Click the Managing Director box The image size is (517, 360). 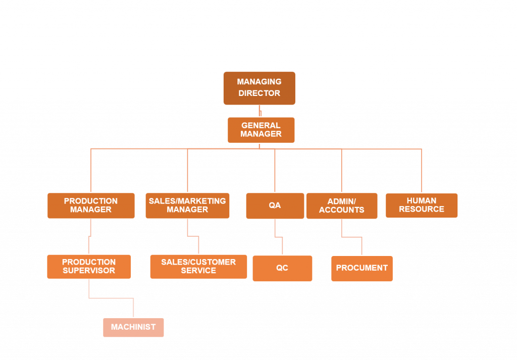pyautogui.click(x=259, y=88)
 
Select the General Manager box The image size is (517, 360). pyautogui.click(x=261, y=130)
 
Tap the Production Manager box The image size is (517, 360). pyautogui.click(x=91, y=205)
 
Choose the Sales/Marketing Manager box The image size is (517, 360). pyautogui.click(x=187, y=205)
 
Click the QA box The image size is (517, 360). pyautogui.click(x=275, y=205)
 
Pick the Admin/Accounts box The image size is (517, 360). pyautogui.click(x=342, y=205)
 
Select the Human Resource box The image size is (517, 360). pyautogui.click(x=422, y=205)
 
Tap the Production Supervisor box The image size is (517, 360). pyautogui.click(x=89, y=267)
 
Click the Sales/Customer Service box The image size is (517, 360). pyautogui.click(x=198, y=267)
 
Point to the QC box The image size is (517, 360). pyautogui.click(x=282, y=268)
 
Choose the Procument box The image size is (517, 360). pyautogui.click(x=362, y=268)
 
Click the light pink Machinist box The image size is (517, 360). pyautogui.click(x=133, y=327)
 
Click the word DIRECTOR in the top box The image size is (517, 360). pyautogui.click(x=259, y=93)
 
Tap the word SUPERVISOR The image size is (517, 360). pyautogui.click(x=89, y=271)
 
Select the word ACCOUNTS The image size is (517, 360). pyautogui.click(x=342, y=210)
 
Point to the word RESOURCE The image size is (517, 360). pyautogui.click(x=422, y=210)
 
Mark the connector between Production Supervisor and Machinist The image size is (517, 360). pyautogui.click(x=111, y=298)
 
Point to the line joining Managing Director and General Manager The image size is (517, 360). pyautogui.click(x=260, y=111)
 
